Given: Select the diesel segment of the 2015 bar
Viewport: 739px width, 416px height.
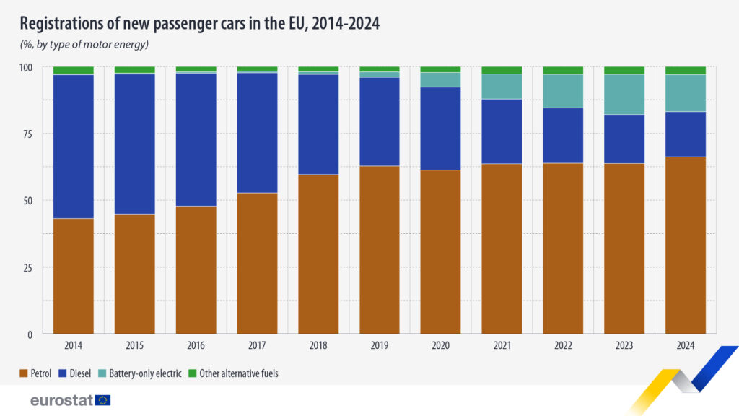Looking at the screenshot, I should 134,144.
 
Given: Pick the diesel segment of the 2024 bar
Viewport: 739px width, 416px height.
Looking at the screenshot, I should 686,134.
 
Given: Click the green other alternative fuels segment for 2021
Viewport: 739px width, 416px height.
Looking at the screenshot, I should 502,70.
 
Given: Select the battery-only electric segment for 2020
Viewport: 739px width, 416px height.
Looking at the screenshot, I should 440,79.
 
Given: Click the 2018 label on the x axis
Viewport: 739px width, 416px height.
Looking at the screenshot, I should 318,346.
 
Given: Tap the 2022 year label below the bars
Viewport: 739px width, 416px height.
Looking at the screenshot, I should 563,346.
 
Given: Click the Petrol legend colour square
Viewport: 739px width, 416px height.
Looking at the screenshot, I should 24,373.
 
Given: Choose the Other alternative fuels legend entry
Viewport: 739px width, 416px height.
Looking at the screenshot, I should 238,373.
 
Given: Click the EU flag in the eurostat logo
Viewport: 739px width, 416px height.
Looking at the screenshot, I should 102,399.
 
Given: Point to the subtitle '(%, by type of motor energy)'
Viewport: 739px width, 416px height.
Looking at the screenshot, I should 84,45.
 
